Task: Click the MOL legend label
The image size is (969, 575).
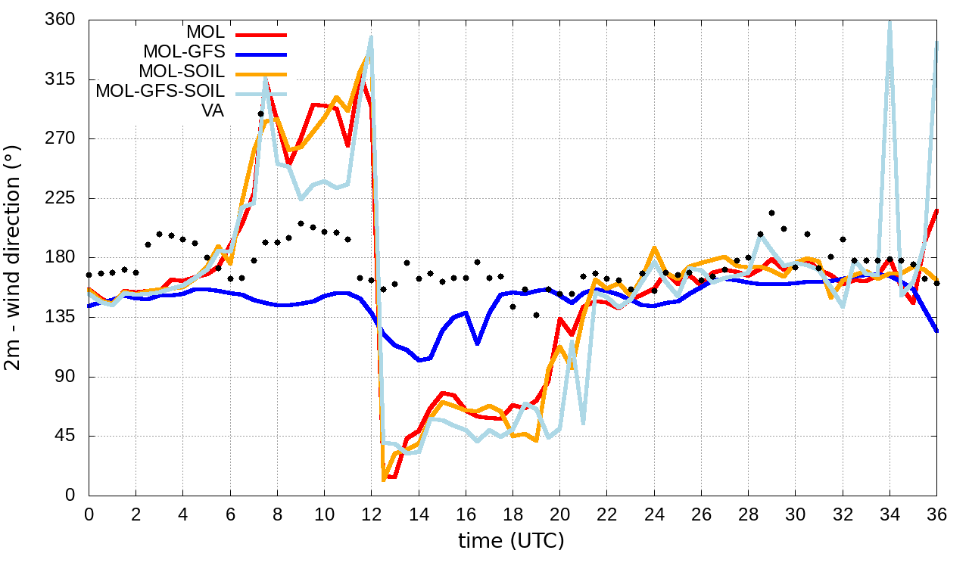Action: click(205, 33)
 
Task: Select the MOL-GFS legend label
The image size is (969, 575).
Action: click(184, 52)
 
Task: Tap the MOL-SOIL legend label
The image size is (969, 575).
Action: click(182, 72)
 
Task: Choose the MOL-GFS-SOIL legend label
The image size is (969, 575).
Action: click(160, 92)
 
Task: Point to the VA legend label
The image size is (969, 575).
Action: click(213, 111)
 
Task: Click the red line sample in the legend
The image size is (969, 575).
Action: click(261, 34)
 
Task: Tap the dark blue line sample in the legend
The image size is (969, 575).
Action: click(261, 54)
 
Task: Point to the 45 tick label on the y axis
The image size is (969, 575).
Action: click(64, 437)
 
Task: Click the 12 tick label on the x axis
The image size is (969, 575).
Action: click(371, 514)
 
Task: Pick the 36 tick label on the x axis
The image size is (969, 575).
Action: click(936, 514)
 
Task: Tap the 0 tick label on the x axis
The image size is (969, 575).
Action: click(89, 514)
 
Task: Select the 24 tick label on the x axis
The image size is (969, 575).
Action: click(653, 514)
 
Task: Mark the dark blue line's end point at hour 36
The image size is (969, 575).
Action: click(936, 331)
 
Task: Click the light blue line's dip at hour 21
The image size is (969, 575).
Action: click(583, 422)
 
